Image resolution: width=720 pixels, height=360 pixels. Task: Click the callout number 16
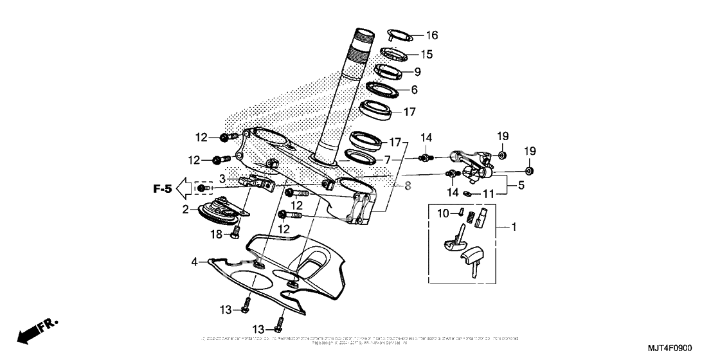click(x=431, y=35)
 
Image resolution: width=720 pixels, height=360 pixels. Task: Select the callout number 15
click(x=427, y=54)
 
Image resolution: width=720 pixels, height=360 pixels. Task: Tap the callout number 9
click(x=417, y=72)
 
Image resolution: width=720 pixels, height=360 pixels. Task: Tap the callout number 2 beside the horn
click(x=186, y=209)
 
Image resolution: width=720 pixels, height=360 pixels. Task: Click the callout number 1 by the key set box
click(x=513, y=226)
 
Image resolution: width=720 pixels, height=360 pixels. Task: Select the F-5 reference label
click(x=162, y=188)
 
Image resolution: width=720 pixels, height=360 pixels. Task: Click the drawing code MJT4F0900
click(x=668, y=348)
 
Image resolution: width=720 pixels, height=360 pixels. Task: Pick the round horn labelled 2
click(x=218, y=212)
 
